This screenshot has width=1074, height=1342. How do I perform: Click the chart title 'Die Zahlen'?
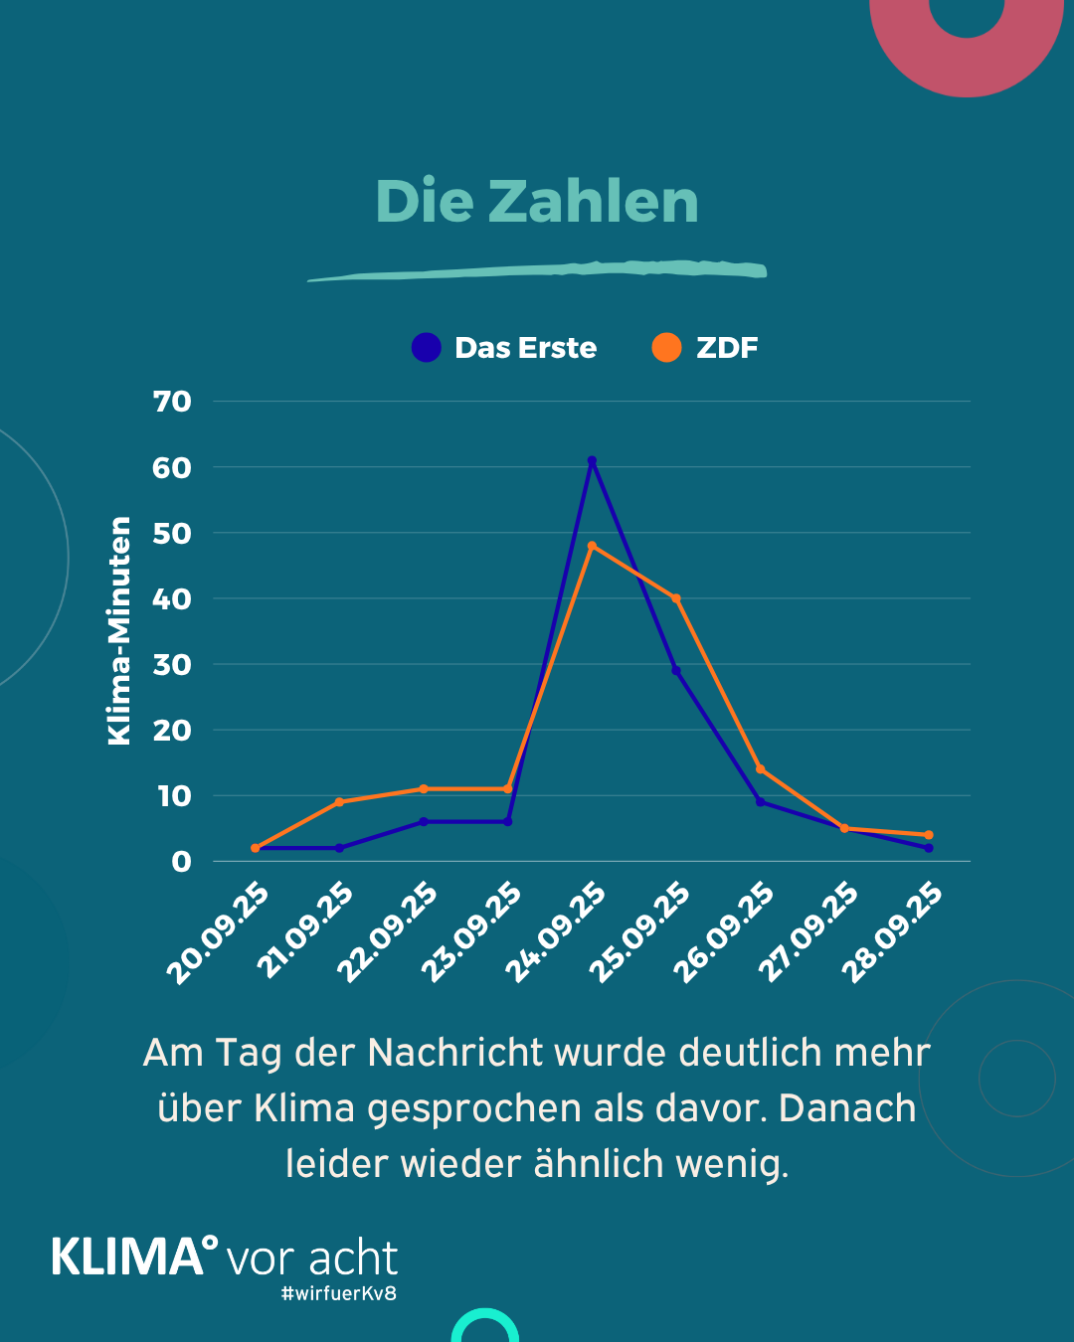pos(537,202)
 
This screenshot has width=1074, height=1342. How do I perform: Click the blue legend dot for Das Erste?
pos(426,348)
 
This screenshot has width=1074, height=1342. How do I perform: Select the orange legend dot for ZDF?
pos(666,348)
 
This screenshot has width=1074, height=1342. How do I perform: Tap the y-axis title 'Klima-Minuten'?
pos(119,631)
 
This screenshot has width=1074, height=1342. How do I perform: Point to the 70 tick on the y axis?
pos(172,402)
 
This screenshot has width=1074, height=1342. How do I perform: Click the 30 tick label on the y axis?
pos(172,665)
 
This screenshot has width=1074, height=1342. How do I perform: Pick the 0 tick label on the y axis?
pos(181,862)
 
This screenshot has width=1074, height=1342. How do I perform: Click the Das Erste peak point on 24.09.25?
pos(592,461)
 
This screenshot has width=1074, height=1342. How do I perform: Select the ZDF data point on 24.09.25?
pos(592,546)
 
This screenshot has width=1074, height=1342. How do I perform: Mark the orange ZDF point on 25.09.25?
pos(676,598)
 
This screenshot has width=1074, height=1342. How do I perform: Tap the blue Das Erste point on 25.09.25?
pos(676,671)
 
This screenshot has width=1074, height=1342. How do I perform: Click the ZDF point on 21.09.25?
pos(340,802)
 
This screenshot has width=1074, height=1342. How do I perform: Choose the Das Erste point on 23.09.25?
pos(508,822)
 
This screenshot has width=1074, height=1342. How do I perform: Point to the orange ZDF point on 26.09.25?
pos(761,769)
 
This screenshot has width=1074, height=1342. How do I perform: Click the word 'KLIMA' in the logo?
pos(127,1258)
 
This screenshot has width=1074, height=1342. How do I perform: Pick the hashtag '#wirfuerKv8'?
pos(339,1293)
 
